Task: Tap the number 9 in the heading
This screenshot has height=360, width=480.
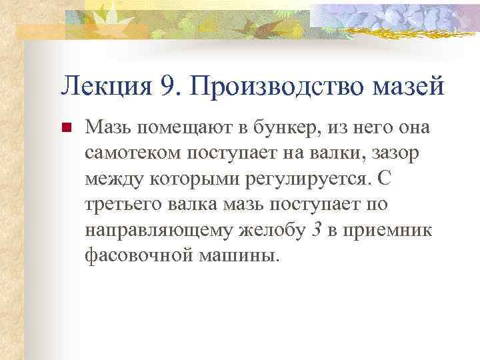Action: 167,85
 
